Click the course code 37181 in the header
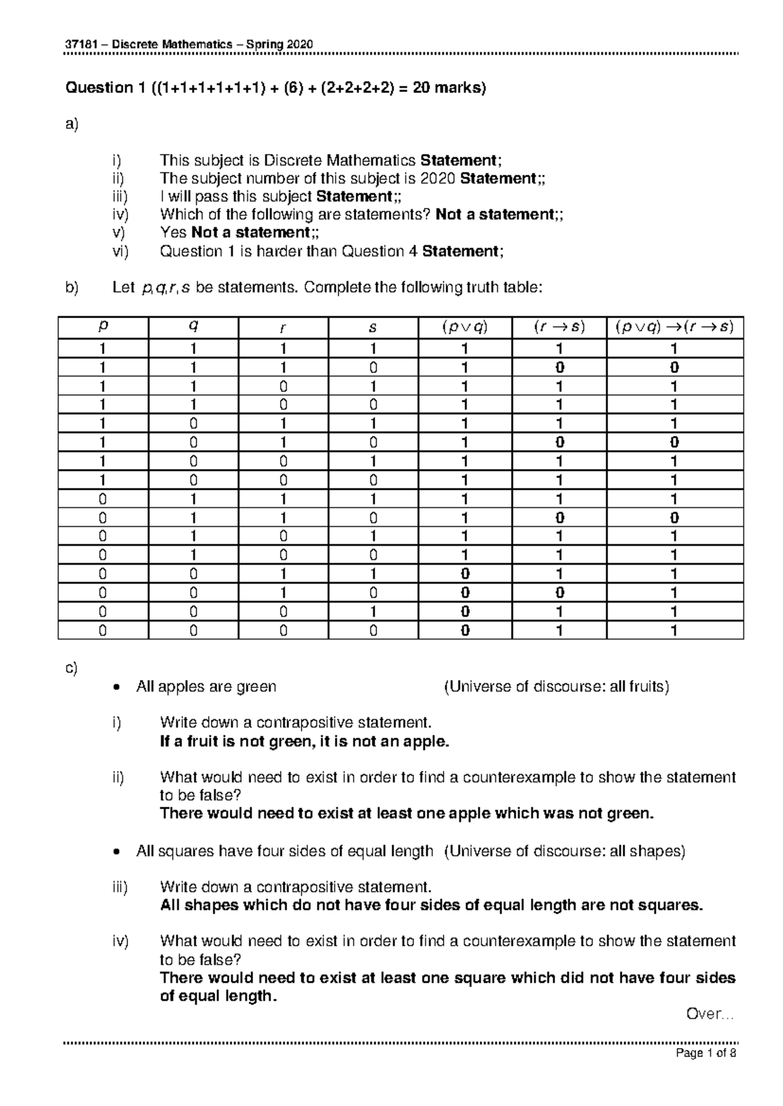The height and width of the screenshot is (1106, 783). [x=79, y=44]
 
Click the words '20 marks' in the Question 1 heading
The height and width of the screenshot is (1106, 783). [x=447, y=88]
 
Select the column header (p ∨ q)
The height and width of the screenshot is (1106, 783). [x=465, y=328]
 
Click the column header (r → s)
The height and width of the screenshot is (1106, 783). [x=559, y=328]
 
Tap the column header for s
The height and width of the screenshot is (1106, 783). [x=373, y=328]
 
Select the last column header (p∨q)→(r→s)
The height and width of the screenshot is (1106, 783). [x=675, y=328]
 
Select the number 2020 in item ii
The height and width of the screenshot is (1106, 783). [x=439, y=179]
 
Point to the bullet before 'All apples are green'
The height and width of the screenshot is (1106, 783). [x=115, y=687]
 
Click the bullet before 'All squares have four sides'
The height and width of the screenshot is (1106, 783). [x=115, y=852]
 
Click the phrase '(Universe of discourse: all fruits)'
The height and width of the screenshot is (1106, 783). [x=557, y=687]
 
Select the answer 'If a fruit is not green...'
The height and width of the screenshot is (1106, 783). [x=305, y=741]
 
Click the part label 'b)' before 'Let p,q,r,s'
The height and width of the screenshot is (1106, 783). [x=71, y=288]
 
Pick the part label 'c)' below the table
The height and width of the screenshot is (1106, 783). [x=71, y=668]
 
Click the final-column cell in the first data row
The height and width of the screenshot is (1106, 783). [x=675, y=348]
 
